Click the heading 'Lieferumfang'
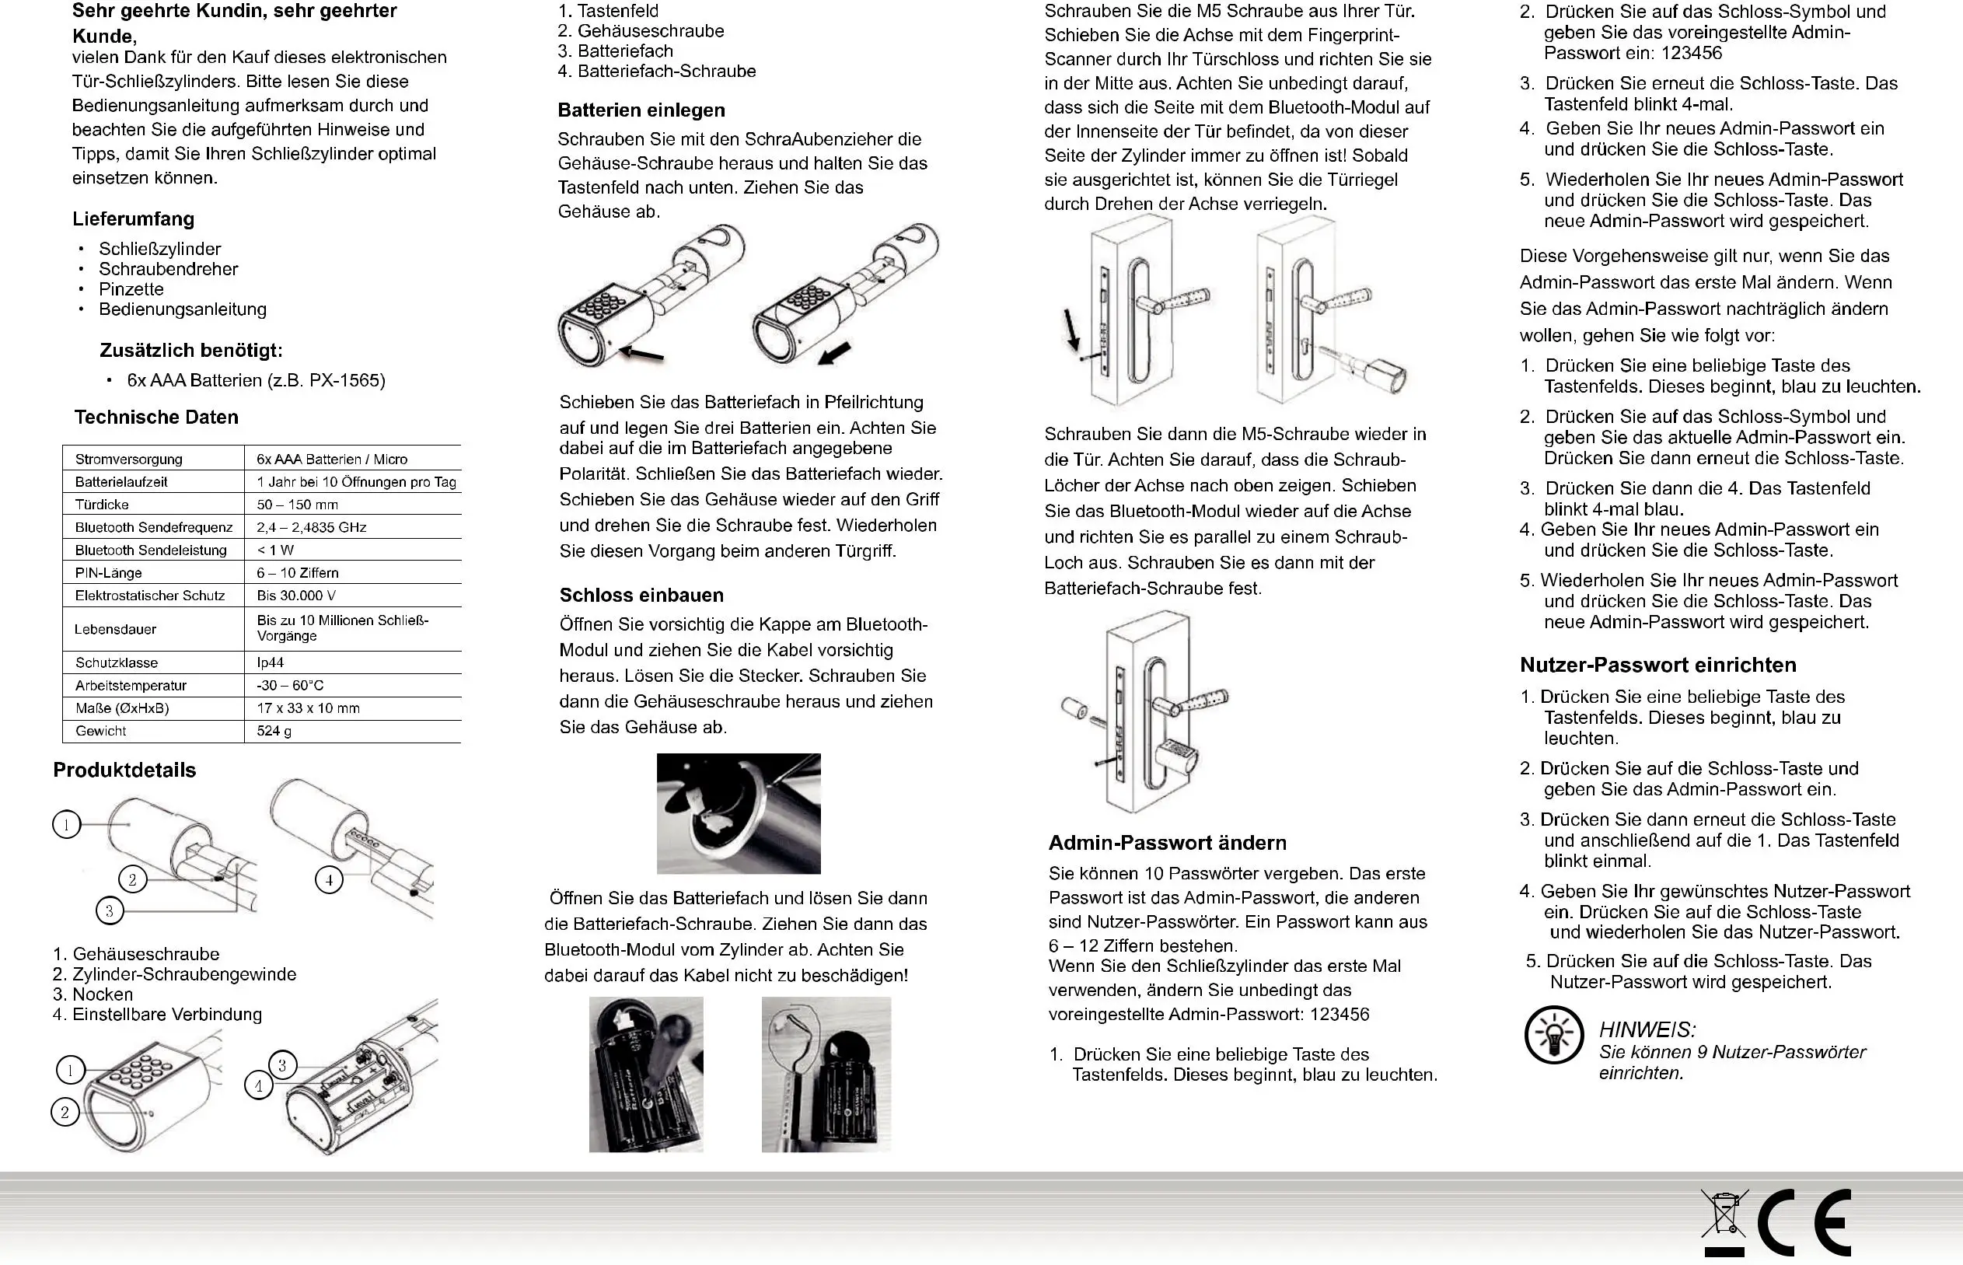click(x=133, y=219)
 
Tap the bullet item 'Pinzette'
click(x=131, y=289)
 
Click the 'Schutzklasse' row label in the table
click(x=117, y=663)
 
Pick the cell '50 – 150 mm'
click(x=297, y=505)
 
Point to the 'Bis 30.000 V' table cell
click(x=295, y=596)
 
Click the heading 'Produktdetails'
click(x=125, y=771)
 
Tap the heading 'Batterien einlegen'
click(x=641, y=110)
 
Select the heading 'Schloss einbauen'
click(x=641, y=596)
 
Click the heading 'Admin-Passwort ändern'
click(x=1167, y=843)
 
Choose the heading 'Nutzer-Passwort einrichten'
click(x=1657, y=666)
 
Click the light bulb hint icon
click(x=1553, y=1035)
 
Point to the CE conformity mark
click(x=1804, y=1223)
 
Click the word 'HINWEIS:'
click(x=1647, y=1030)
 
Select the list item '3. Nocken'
click(x=93, y=994)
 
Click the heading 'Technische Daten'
click(x=156, y=418)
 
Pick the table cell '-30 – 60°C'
click(x=290, y=686)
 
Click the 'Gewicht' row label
click(x=101, y=731)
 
